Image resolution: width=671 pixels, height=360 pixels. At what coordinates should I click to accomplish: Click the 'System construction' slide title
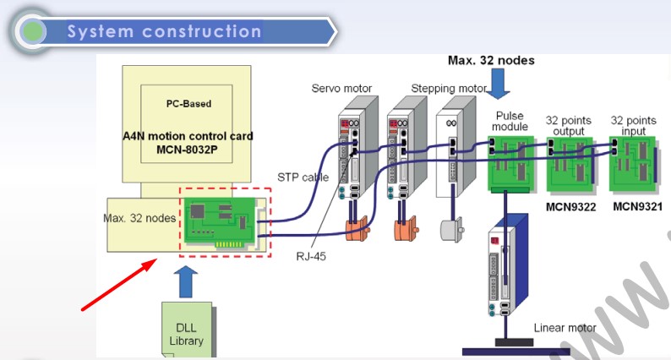point(164,32)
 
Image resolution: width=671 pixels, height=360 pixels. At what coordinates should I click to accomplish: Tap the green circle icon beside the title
point(33,32)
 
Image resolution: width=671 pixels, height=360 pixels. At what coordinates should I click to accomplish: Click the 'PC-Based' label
point(188,104)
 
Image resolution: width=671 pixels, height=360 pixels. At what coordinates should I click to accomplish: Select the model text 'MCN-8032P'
point(188,150)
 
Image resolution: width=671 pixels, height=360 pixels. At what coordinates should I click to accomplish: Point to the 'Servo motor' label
point(341,89)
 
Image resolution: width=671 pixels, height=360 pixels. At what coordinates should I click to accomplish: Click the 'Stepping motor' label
point(449,89)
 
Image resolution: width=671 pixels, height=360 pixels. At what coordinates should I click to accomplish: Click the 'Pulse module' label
point(511,121)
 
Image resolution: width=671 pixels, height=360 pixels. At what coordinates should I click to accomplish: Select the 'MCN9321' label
point(637,205)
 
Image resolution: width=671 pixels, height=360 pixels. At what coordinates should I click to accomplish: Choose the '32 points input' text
point(634,126)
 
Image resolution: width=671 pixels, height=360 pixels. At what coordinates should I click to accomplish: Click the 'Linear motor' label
point(565,328)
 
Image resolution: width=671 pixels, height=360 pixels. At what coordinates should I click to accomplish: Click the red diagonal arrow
point(117,287)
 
